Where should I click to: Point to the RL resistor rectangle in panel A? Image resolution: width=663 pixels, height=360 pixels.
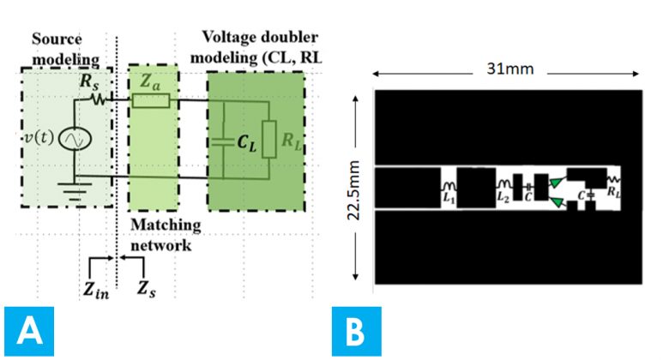pyautogui.click(x=268, y=139)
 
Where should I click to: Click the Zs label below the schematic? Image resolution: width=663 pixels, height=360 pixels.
pyautogui.click(x=147, y=286)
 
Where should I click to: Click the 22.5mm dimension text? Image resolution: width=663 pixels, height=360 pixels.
pyautogui.click(x=365, y=187)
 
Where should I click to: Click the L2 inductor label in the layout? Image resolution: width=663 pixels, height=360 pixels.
pyautogui.click(x=503, y=196)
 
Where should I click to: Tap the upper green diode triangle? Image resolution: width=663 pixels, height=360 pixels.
pyautogui.click(x=558, y=181)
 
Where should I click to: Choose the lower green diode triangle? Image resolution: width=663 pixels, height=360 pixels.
pyautogui.click(x=558, y=202)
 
